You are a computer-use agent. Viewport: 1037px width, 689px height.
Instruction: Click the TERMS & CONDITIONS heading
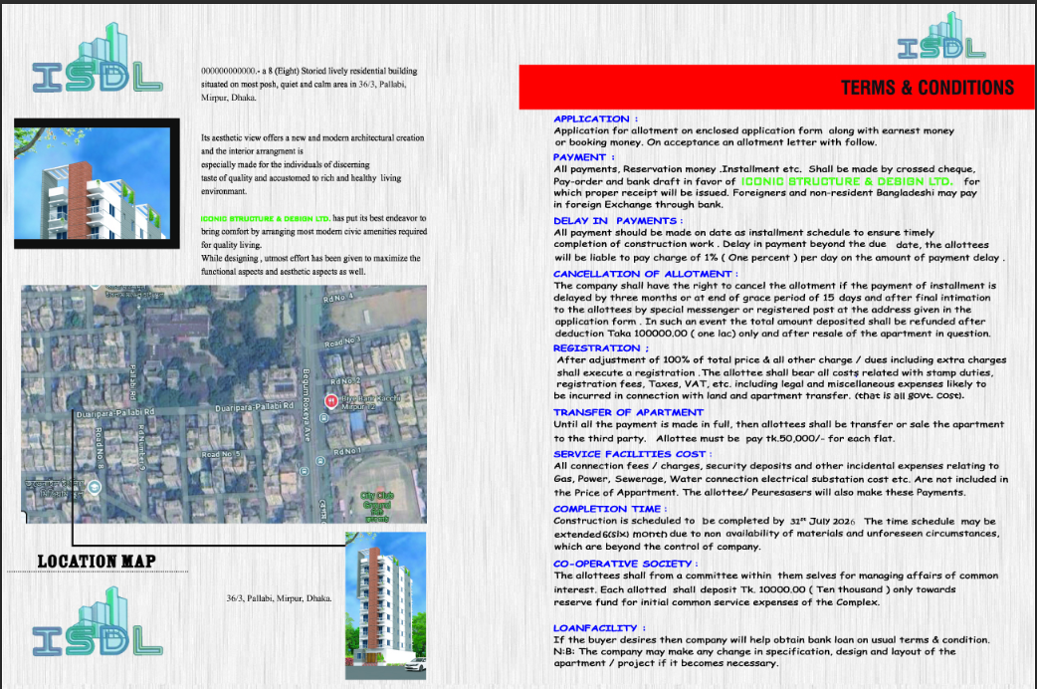[927, 87]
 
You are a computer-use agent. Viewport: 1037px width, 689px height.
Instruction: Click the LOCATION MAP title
[96, 562]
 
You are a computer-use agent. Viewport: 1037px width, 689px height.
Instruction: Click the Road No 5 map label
[220, 454]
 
